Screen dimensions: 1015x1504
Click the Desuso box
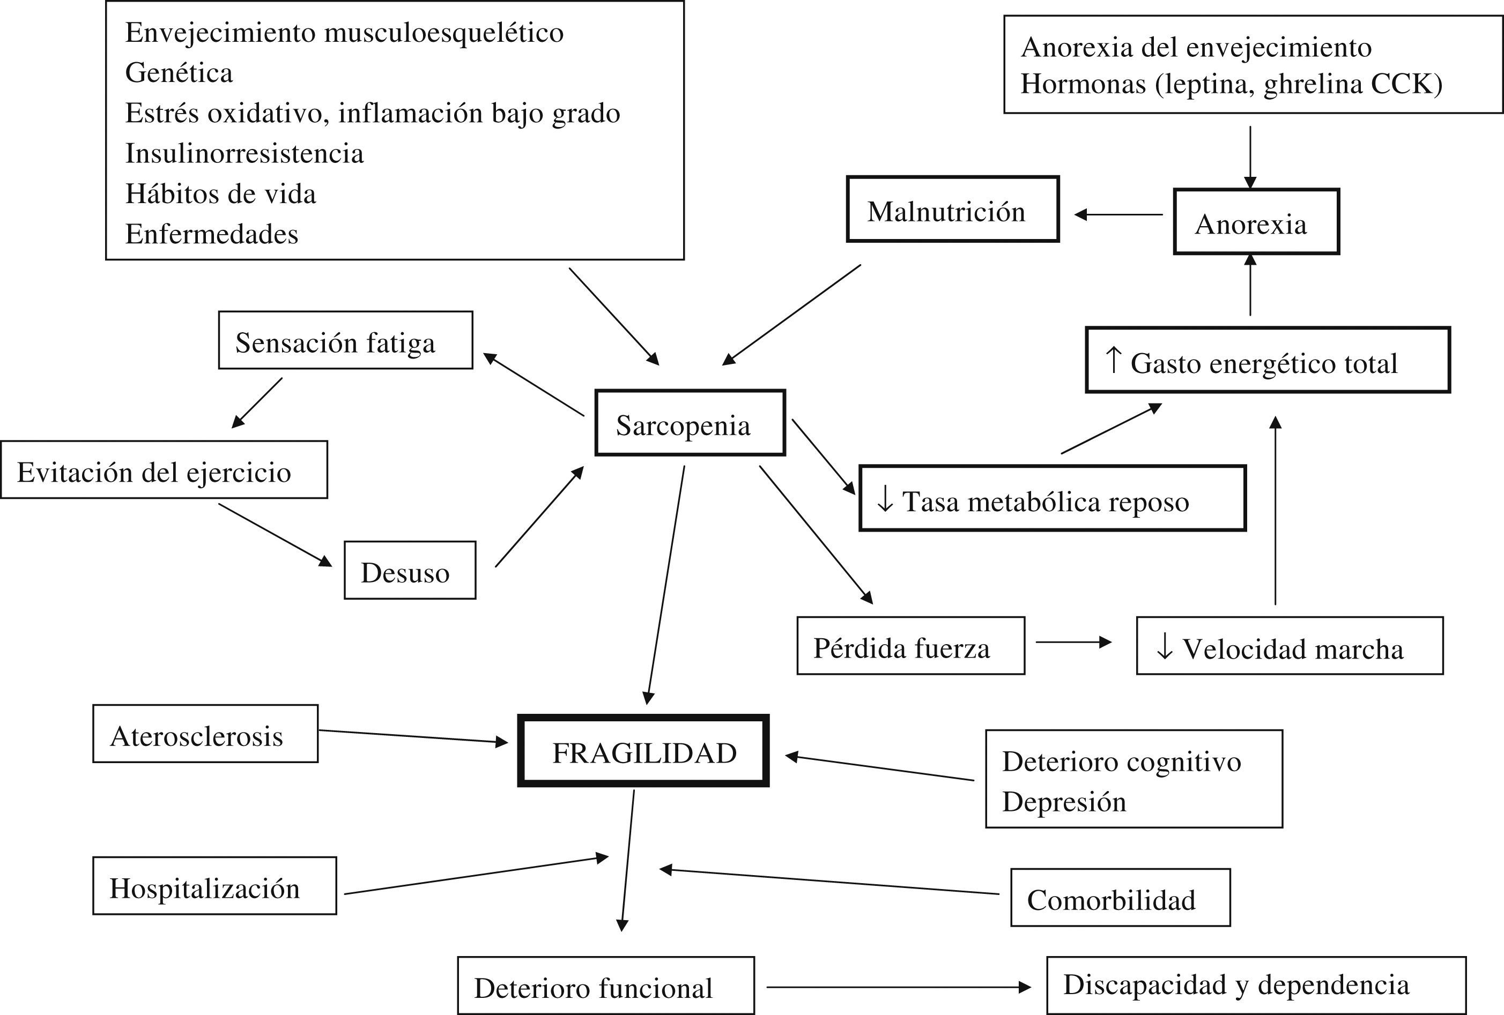click(410, 571)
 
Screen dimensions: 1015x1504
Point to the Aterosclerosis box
click(205, 734)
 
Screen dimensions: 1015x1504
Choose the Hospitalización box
click(214, 886)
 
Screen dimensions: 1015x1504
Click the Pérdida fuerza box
click(910, 646)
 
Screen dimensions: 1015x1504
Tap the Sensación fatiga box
click(345, 341)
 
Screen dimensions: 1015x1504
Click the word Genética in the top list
click(179, 72)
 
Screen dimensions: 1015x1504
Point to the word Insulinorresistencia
click(244, 153)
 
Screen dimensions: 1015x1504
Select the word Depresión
click(1064, 802)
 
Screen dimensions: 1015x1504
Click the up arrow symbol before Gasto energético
click(1113, 360)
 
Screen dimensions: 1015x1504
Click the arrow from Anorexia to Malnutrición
click(1118, 214)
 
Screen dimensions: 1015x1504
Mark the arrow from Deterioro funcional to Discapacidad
click(898, 987)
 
